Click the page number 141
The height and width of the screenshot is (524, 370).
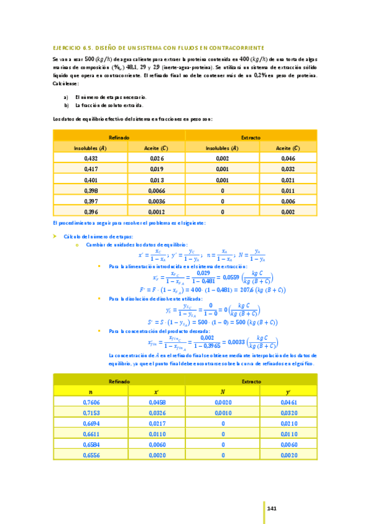[x=271, y=508]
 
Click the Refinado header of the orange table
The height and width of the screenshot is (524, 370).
[x=118, y=137]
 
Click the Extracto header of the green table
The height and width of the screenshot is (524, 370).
[x=251, y=382]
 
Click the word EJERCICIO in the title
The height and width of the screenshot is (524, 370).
[x=67, y=47]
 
